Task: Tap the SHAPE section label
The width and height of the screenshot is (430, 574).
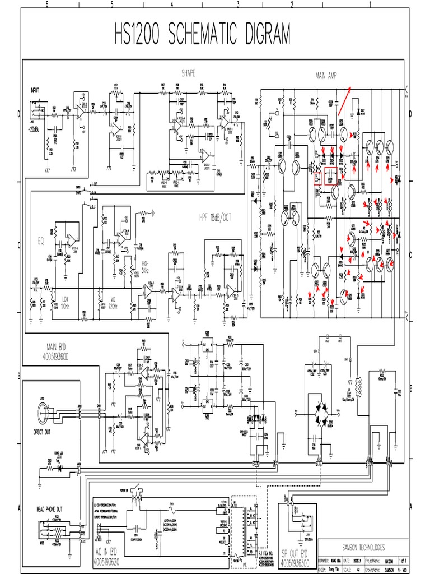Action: [189, 73]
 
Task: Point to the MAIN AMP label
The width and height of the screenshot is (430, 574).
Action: [330, 76]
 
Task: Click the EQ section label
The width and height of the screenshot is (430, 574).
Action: [40, 242]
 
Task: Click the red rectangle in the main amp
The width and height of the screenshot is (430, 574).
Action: [330, 176]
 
